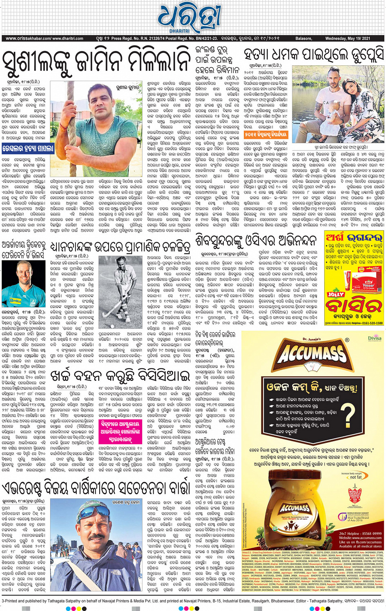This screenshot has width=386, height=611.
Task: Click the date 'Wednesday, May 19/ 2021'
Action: [347, 38]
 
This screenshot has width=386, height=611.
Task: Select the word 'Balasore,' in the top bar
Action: [303, 38]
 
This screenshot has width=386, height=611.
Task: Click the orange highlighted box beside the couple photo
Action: [266, 134]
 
